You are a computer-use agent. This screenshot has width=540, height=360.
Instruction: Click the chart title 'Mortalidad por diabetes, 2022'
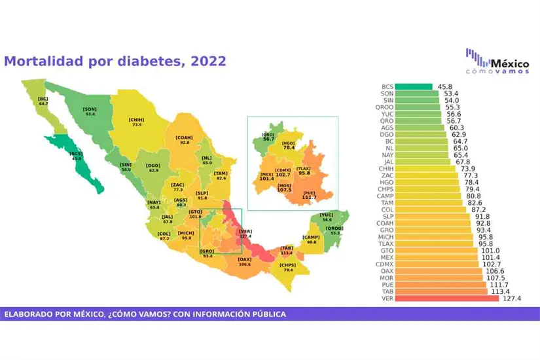pos(115,62)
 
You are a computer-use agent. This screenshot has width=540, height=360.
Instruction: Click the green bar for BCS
pos(414,86)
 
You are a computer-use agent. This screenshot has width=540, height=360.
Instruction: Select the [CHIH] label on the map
pos(136,120)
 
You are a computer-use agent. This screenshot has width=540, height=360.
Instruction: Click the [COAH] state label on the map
pos(184,137)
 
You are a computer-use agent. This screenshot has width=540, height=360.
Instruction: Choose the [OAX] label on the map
pos(244,260)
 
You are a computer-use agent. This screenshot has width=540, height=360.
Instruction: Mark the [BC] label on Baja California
pos(43,99)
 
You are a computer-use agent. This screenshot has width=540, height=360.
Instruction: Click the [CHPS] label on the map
pos(287,265)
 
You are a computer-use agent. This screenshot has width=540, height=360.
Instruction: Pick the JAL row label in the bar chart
pos(387,162)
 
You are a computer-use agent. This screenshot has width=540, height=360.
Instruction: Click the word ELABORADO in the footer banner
pos(31,314)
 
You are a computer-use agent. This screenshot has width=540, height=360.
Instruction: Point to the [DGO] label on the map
pos(153,166)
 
